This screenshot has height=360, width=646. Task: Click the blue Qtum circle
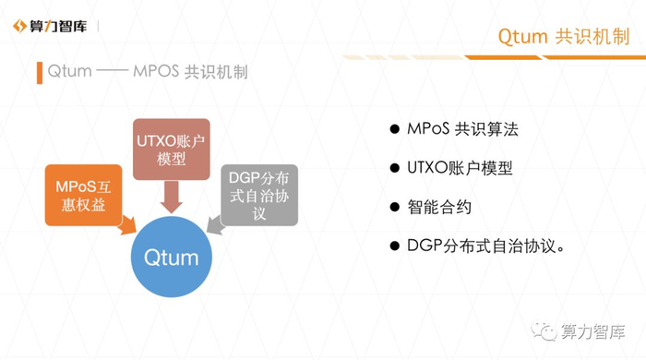pos(172,257)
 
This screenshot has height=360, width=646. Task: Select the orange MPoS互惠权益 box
pos(83,196)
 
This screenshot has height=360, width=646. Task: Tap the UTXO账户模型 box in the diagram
pos(172,150)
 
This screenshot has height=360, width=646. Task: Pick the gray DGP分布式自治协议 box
pos(259,196)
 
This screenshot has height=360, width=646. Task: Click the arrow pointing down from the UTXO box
pos(172,197)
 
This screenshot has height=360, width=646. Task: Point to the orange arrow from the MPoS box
pos(127,224)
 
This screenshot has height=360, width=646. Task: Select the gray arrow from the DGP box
pos(215,225)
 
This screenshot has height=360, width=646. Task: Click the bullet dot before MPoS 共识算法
pos(395,129)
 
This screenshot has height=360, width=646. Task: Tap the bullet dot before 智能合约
pos(395,207)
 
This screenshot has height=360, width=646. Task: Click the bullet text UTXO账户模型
pos(460,168)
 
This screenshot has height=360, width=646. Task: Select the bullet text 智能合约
pos(439,207)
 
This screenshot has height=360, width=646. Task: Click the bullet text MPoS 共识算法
pos(462,129)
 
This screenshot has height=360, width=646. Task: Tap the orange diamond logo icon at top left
pos(19,26)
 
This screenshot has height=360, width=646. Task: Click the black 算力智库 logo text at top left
pos(58,27)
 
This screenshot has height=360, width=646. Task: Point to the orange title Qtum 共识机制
pos(564,37)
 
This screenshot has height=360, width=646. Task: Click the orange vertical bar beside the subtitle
pos(40,73)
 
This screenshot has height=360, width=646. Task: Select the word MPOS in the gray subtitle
pos(156,71)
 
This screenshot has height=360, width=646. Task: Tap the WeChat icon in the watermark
pos(544,331)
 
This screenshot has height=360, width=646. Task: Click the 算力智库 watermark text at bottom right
pos(592,331)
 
